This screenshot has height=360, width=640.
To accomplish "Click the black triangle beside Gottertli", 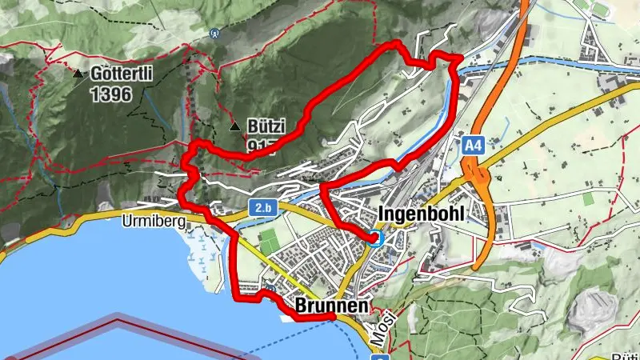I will click(78, 74).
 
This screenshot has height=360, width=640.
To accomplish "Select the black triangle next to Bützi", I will click(234, 127).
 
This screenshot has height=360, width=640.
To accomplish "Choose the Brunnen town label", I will click(331, 306).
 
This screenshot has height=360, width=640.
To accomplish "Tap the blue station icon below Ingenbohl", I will click(377, 238).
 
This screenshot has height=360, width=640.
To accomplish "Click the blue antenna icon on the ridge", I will click(214, 34).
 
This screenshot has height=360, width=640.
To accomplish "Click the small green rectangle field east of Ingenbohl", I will click(589, 198).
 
